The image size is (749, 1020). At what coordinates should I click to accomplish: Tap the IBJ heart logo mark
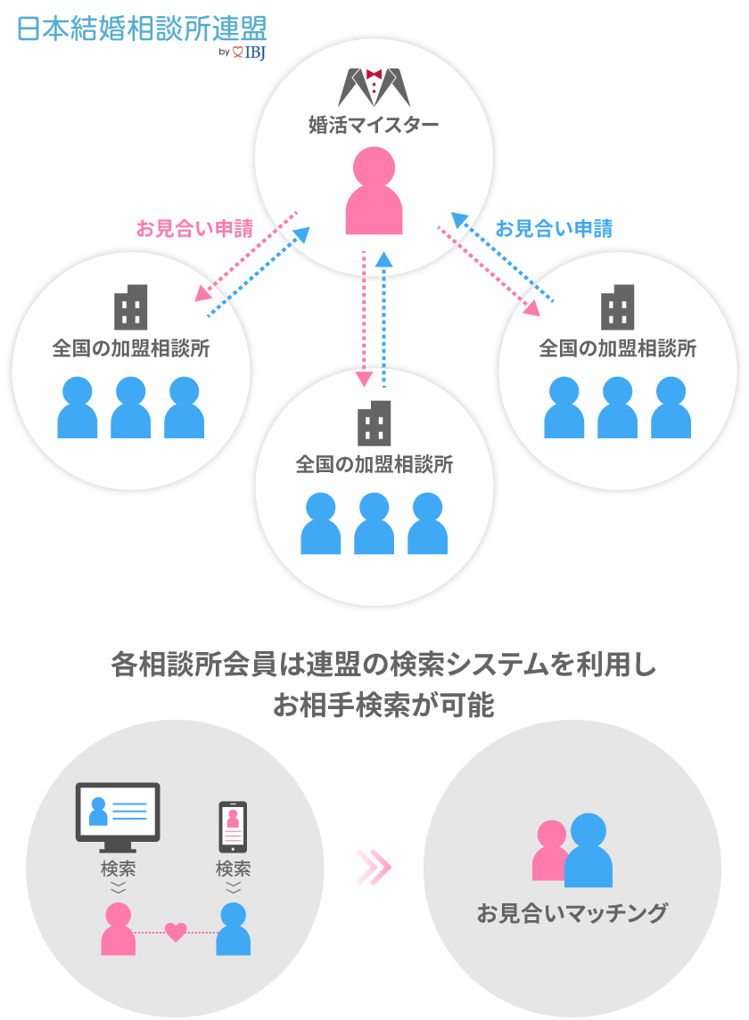pyautogui.click(x=237, y=53)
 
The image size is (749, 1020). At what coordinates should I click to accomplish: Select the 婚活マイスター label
pyautogui.click(x=374, y=125)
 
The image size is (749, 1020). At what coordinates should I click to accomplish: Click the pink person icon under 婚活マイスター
pyautogui.click(x=374, y=192)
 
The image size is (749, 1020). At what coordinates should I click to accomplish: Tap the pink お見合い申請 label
pyautogui.click(x=193, y=229)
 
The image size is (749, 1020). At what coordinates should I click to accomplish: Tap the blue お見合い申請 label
pyautogui.click(x=554, y=229)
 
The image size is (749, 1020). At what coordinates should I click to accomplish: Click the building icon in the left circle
pyautogui.click(x=131, y=307)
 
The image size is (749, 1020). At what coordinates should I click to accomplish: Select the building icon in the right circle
pyautogui.click(x=618, y=307)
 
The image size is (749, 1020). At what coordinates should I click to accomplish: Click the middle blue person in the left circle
pyautogui.click(x=131, y=407)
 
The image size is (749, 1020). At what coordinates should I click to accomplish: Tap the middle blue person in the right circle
pyautogui.click(x=618, y=407)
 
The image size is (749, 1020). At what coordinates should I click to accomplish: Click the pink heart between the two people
pyautogui.click(x=177, y=933)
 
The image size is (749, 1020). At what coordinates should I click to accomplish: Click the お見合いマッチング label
pyautogui.click(x=572, y=913)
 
